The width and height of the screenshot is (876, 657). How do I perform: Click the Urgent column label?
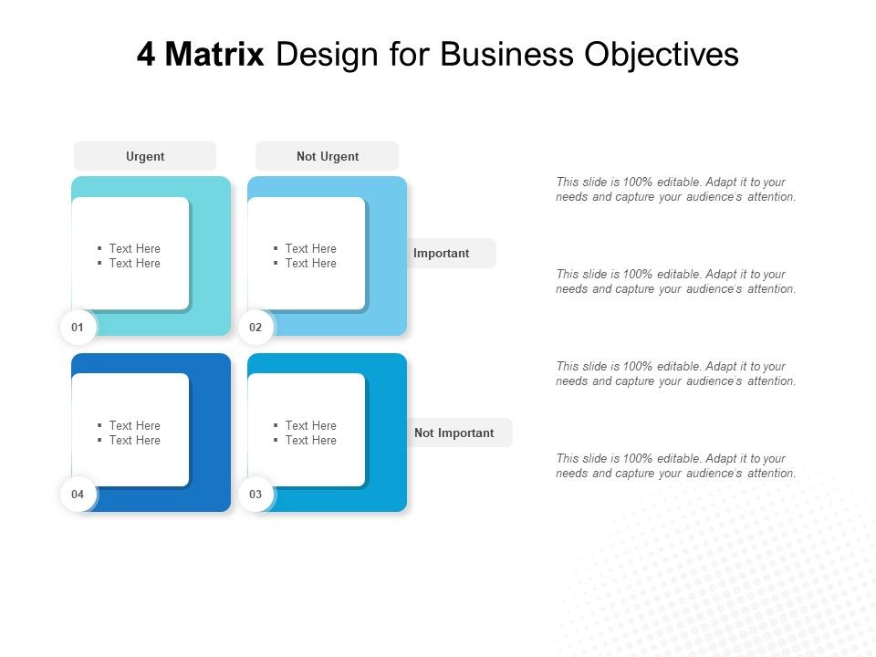point(145,156)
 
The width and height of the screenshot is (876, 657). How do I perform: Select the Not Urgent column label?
point(328,156)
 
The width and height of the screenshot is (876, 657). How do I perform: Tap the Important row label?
point(442,253)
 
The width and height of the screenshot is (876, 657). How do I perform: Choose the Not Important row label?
point(454,433)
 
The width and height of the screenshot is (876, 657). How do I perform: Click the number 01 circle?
point(78,327)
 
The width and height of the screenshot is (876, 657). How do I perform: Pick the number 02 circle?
point(255,327)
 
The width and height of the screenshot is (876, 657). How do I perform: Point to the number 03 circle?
point(255,494)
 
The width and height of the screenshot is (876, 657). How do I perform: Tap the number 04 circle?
point(78,494)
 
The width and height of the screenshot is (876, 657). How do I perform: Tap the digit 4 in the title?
point(146,55)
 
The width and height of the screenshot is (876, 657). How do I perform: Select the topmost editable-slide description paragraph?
point(675,189)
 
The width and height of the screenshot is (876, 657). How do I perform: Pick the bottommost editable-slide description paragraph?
point(675,465)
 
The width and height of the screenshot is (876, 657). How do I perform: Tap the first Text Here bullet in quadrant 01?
point(134,248)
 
